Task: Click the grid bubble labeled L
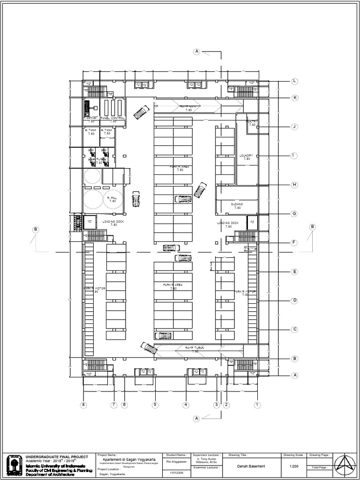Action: [294, 81]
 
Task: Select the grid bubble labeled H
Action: [294, 185]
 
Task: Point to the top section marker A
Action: [197, 52]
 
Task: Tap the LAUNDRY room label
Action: [246, 156]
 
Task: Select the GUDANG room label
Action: [237, 205]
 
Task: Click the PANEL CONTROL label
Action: [112, 118]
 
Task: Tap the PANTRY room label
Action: [252, 122]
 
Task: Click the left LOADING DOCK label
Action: [113, 222]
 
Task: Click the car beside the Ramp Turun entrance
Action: [149, 348]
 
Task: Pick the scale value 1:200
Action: [294, 466]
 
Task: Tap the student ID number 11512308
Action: [176, 473]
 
